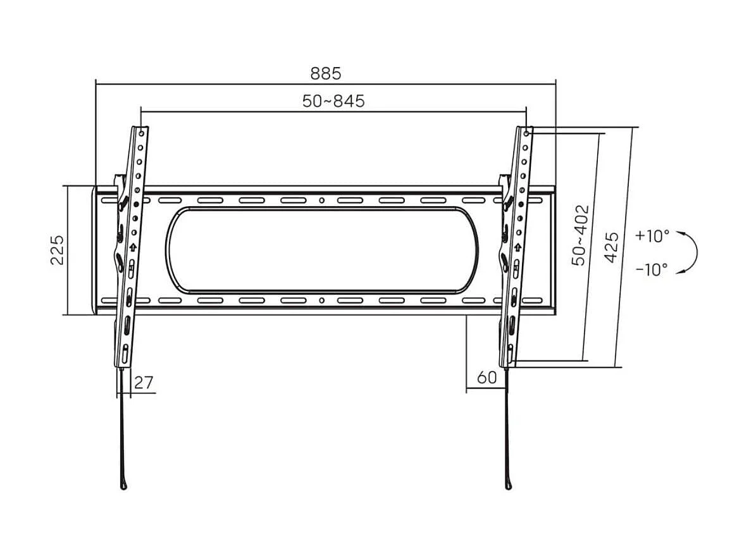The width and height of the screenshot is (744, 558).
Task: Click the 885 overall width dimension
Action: point(325,73)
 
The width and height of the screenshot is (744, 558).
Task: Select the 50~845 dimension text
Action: point(333,101)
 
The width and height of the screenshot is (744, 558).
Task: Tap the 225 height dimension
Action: point(57,250)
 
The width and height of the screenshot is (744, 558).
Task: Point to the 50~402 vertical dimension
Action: point(581,235)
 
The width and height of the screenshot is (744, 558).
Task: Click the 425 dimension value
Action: point(611,247)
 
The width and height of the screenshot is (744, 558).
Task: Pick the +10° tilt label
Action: point(652,236)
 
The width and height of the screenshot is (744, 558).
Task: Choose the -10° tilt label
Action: point(652,270)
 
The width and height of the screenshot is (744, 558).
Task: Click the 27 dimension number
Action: point(144,382)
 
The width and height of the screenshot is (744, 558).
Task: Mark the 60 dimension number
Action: point(486,378)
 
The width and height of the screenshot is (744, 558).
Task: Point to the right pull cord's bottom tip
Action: point(508,485)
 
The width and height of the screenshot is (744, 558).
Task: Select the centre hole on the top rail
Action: point(321,201)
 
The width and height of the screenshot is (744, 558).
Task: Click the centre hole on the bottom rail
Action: point(321,300)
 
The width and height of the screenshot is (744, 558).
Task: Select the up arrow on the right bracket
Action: point(518,246)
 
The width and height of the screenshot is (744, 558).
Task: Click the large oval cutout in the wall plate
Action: point(321,250)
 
